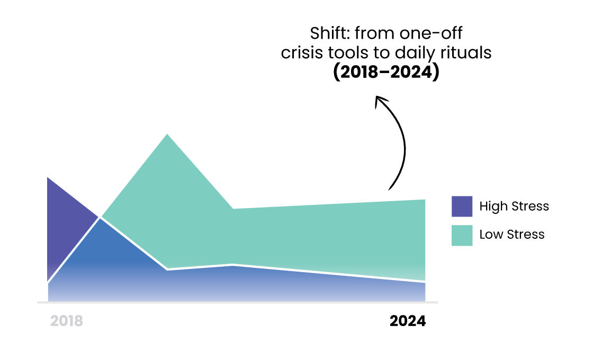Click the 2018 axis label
[x=67, y=321]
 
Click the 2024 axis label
[x=408, y=321]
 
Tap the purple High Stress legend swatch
[x=462, y=206]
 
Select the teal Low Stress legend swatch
[x=462, y=236]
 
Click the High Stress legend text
[x=514, y=206]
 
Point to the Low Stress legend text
[x=511, y=235]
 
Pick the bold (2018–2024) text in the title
[x=386, y=72]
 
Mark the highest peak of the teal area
[x=167, y=134]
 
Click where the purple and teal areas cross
[x=100, y=218]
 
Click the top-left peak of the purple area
[x=48, y=177]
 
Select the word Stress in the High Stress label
[x=529, y=206]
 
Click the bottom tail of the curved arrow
[x=389, y=189]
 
